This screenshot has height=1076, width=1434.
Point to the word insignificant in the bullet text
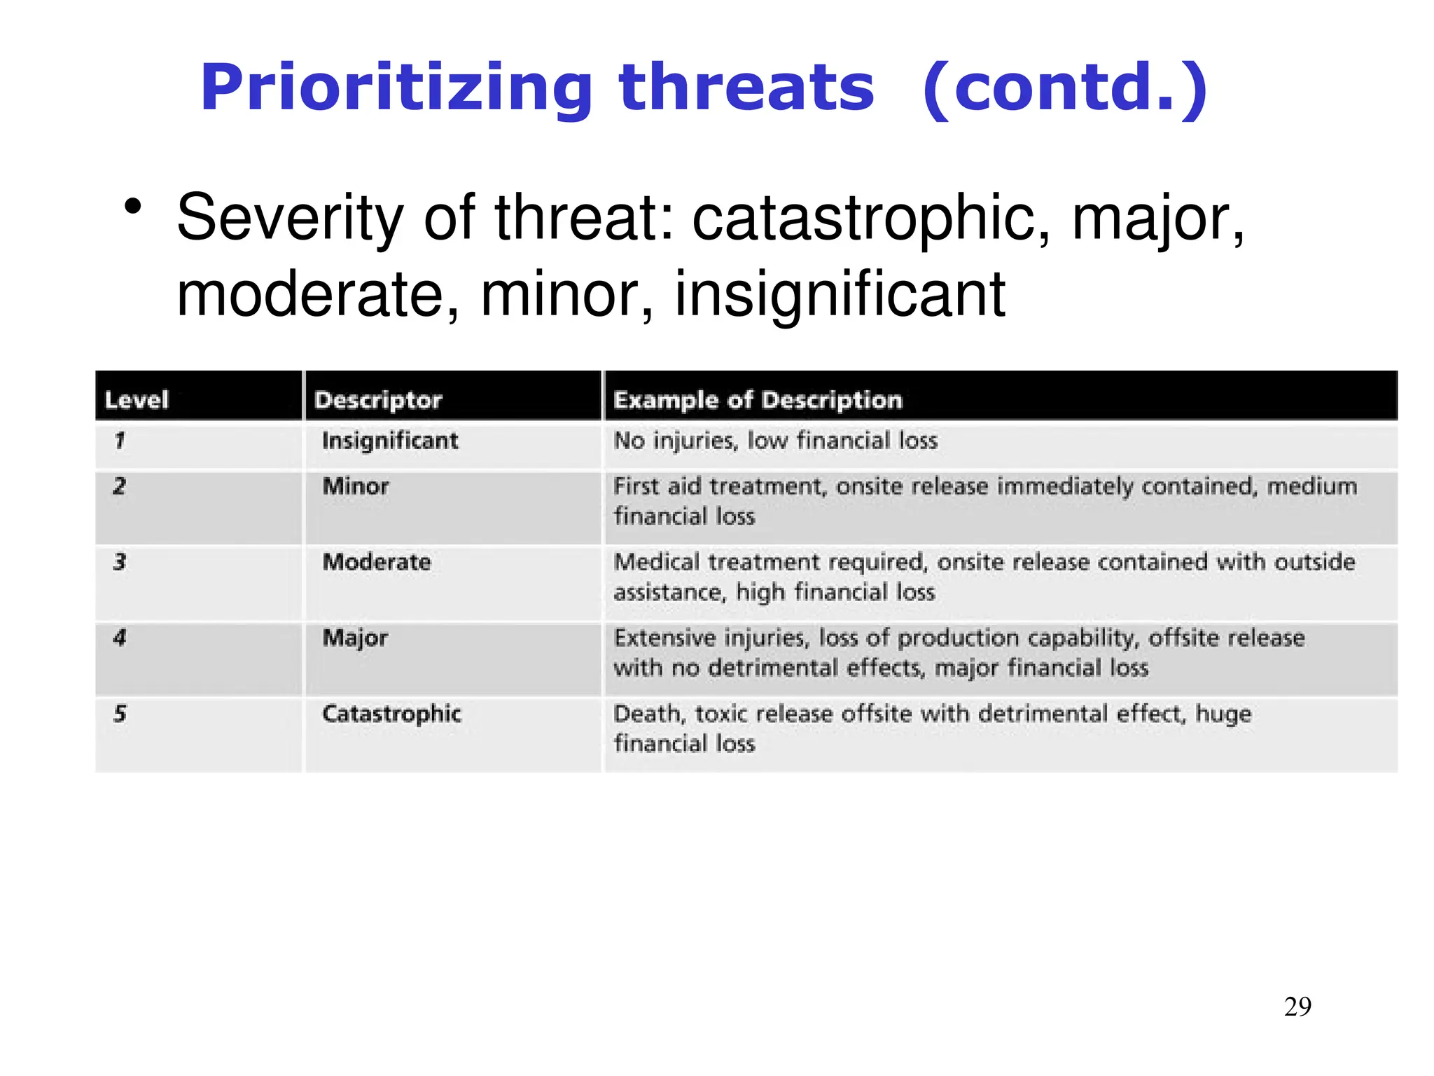(x=840, y=294)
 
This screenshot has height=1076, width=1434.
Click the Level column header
(x=137, y=400)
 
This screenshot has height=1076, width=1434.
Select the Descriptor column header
(x=378, y=400)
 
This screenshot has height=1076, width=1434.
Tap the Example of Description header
(x=758, y=400)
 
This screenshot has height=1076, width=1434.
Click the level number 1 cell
(x=120, y=441)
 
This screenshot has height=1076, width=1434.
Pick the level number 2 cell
(x=120, y=486)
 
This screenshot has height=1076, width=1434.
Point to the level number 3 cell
(x=120, y=562)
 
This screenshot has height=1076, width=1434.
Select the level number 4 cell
(x=120, y=637)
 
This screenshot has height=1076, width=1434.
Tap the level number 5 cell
(x=120, y=714)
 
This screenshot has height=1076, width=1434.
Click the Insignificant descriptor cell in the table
(x=390, y=441)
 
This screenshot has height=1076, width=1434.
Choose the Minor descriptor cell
(x=355, y=486)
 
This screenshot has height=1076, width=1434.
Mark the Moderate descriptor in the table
(x=377, y=562)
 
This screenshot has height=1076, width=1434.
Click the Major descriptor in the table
(x=355, y=638)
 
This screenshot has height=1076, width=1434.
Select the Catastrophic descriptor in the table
(x=391, y=714)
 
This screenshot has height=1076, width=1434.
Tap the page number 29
(x=1297, y=1007)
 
